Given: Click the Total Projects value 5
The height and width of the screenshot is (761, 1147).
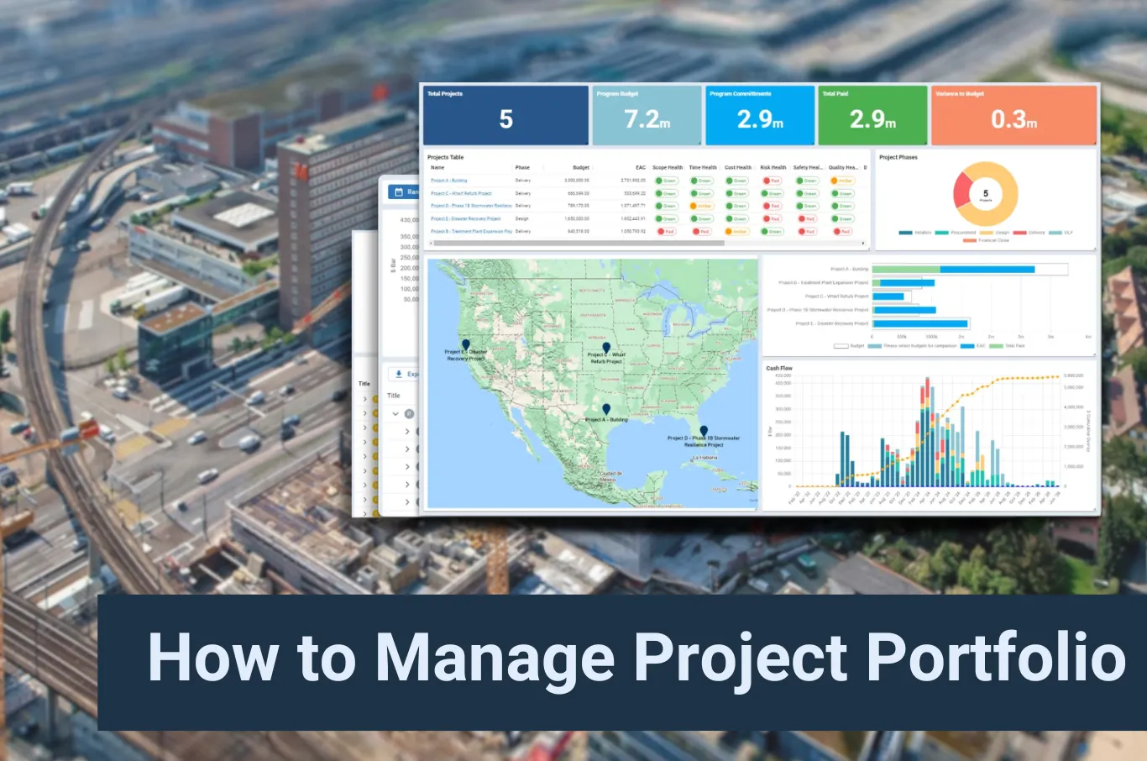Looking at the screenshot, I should [505, 119].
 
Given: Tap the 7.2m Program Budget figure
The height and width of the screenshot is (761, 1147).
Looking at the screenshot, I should [647, 119].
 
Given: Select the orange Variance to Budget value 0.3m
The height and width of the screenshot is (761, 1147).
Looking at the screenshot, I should [1013, 119].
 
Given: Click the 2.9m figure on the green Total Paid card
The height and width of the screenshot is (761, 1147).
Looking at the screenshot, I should [872, 119].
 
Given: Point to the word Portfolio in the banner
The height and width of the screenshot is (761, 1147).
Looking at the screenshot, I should [996, 658].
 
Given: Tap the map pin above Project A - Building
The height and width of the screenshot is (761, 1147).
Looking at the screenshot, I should [606, 409].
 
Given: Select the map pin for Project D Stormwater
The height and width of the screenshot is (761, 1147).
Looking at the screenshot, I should [704, 431].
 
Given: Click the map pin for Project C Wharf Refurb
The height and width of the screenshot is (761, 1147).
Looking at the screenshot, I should [606, 347].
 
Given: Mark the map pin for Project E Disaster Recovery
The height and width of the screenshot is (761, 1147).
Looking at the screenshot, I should [466, 344].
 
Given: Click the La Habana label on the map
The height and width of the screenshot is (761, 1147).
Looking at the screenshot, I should [705, 458].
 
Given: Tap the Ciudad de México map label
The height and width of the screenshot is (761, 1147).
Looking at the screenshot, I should [610, 475].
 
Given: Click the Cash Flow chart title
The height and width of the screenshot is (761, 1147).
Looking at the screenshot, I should [778, 368].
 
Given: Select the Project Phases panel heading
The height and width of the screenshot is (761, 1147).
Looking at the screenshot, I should [898, 157].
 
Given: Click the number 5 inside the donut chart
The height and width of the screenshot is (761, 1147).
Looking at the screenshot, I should [986, 193].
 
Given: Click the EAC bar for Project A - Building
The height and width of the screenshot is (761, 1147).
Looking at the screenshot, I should [987, 270].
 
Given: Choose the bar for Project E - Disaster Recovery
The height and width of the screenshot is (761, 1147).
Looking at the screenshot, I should [921, 323].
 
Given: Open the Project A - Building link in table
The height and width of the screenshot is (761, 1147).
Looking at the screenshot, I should [448, 181].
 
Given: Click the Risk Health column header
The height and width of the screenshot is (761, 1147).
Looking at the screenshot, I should [773, 167].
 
